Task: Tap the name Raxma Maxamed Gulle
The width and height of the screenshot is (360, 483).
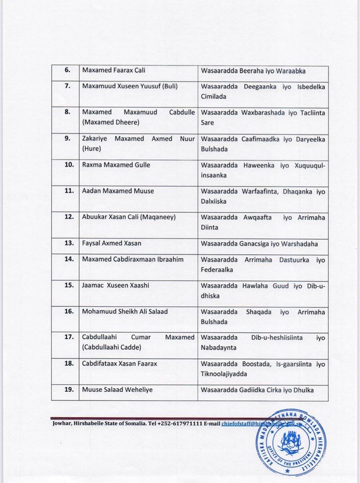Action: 116,164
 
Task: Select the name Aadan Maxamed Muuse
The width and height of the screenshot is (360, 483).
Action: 117,190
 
